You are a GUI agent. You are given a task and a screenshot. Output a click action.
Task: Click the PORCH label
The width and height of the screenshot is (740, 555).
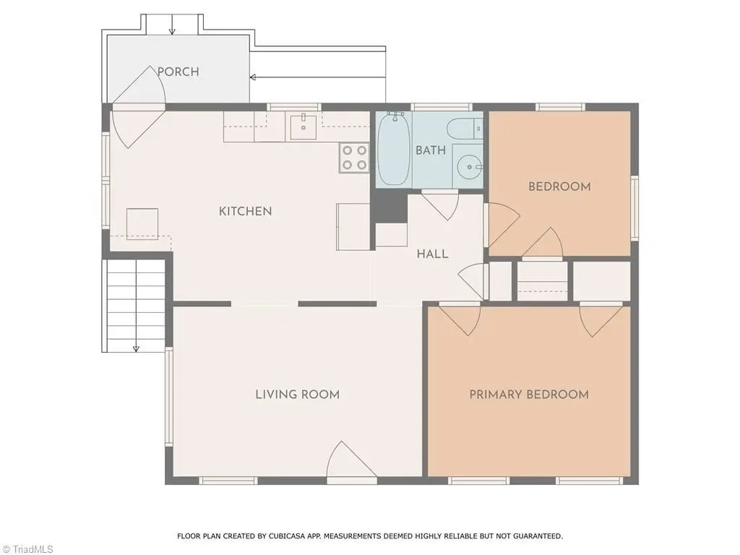[x=178, y=72]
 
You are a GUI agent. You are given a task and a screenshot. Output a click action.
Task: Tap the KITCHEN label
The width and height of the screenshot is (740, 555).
[x=246, y=211]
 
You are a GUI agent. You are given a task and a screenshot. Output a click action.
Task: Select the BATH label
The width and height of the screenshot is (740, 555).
[x=431, y=150]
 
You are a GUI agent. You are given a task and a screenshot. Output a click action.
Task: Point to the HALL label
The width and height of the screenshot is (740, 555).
[x=432, y=254]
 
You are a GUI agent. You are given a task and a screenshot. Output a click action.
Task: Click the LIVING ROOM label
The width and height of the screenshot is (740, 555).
[x=297, y=394]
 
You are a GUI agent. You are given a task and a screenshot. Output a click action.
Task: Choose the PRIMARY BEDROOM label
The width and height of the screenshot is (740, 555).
[x=529, y=394]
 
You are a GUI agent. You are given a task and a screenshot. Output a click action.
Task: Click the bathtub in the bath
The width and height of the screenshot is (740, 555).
[x=393, y=149]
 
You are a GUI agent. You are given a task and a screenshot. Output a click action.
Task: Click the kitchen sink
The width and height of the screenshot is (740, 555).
[x=303, y=126]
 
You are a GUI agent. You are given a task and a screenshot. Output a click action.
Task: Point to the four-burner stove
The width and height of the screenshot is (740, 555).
[x=354, y=158]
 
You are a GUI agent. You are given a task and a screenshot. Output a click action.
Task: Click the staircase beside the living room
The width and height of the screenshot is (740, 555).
[x=136, y=305]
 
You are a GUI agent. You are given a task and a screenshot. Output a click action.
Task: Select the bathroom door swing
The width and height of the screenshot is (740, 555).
[x=440, y=205]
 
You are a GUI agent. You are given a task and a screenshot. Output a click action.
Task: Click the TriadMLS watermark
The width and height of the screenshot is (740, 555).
[x=27, y=549]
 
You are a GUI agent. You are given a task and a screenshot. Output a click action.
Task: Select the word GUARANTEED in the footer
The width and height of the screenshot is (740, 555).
[x=538, y=536]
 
